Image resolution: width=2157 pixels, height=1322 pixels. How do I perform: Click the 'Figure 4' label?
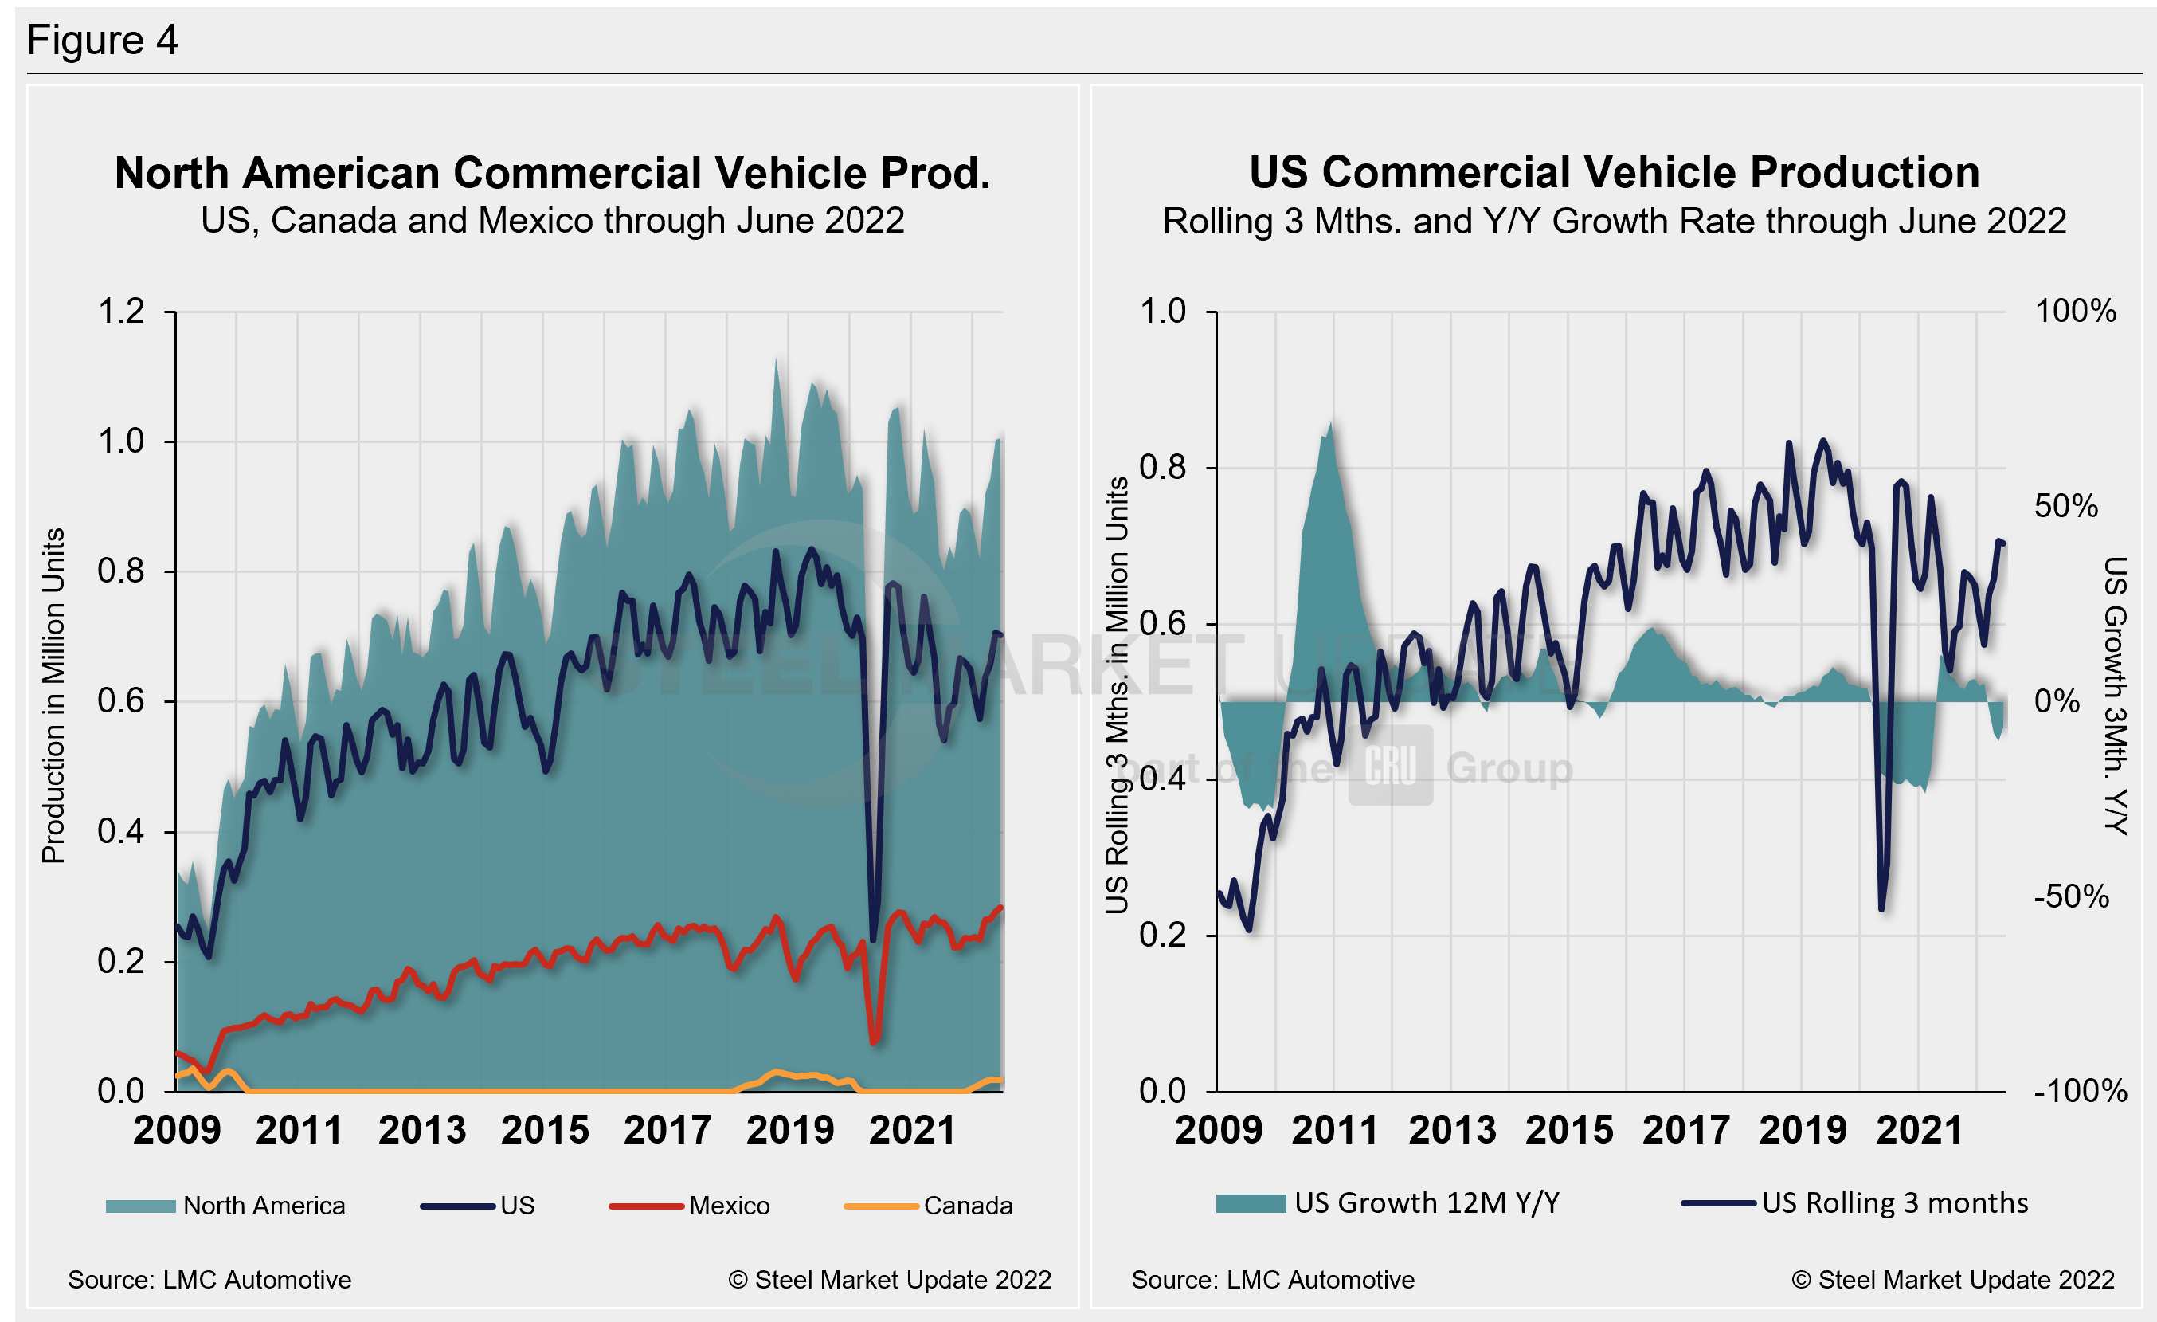pos(103,41)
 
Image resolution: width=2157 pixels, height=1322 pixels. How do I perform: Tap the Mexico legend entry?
pos(728,1206)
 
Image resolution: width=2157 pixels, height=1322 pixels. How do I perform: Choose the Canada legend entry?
pos(967,1206)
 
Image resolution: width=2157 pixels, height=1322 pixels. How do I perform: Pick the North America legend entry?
pos(264,1206)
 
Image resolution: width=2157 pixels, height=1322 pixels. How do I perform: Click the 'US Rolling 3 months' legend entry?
pos(1894,1203)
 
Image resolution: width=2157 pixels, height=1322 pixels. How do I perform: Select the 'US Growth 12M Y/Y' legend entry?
pos(1426,1203)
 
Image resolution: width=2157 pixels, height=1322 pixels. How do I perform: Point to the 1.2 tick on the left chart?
pos(121,312)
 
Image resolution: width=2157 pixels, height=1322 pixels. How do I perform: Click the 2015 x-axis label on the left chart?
pos(545,1129)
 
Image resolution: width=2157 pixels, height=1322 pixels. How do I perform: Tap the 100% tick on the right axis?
pos(2075,311)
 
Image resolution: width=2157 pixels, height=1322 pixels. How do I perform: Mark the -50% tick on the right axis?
pos(2071,896)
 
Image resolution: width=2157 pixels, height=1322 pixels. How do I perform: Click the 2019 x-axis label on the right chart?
pos(1803,1129)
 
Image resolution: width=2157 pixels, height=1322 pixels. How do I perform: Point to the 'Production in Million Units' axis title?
pos(53,696)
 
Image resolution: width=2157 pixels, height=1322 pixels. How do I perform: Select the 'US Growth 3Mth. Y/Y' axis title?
pos(2116,696)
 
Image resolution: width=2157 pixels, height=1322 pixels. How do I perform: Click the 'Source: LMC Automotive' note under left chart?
pos(209,1280)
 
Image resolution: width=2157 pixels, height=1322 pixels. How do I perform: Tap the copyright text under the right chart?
pos(1952,1280)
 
